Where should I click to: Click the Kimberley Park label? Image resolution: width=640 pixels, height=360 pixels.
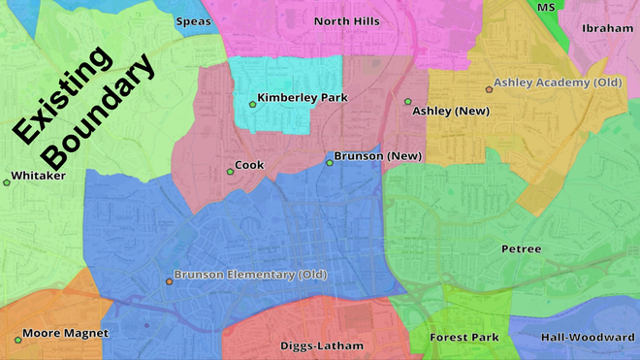click(303, 98)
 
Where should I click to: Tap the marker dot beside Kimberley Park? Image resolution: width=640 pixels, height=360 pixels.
click(251, 103)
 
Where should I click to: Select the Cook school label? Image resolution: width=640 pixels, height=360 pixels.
click(249, 166)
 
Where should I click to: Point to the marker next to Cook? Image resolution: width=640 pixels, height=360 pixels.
click(230, 172)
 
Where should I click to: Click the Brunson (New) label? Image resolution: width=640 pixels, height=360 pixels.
click(377, 156)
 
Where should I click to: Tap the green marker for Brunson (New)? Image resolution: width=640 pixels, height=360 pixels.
click(330, 162)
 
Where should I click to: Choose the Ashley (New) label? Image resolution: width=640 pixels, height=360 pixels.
click(451, 111)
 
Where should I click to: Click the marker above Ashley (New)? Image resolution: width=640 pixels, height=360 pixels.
click(408, 101)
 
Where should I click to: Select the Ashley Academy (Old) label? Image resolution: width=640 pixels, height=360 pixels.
click(557, 82)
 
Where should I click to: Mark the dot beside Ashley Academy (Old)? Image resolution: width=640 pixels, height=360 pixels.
click(489, 89)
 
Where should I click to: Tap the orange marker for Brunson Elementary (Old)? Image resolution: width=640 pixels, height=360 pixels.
click(169, 281)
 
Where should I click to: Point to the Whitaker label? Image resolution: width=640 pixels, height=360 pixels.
click(38, 177)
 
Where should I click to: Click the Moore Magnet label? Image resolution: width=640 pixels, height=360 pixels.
click(65, 333)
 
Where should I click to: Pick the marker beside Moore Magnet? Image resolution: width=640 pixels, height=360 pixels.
click(17, 339)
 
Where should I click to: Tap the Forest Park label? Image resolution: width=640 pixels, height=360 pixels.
click(464, 338)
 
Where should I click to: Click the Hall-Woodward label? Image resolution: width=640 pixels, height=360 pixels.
click(588, 337)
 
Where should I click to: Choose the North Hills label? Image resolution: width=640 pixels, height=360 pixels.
click(347, 20)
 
